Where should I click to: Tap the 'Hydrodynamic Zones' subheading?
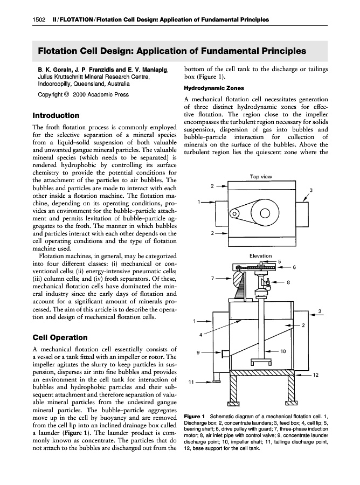[214, 88]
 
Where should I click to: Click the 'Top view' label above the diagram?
[261, 177]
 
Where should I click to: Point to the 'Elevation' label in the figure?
[261, 255]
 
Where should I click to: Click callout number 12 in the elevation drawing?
[316, 374]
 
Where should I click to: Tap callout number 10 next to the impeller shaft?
[283, 351]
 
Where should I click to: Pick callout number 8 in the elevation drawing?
[288, 282]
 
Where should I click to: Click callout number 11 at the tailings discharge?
[191, 382]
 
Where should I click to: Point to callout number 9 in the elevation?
[198, 352]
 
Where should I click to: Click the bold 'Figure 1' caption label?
[195, 417]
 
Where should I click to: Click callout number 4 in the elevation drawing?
[200, 335]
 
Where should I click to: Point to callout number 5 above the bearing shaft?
[279, 261]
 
